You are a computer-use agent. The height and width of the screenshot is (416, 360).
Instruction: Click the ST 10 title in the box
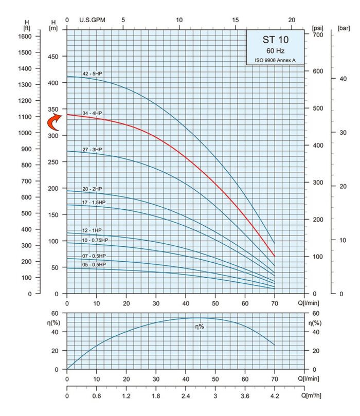[x=275, y=40]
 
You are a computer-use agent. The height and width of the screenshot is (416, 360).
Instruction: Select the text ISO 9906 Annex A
[x=275, y=61]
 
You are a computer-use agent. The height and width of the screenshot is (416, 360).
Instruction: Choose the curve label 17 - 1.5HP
[x=96, y=202]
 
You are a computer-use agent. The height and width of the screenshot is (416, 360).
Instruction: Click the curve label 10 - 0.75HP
[x=96, y=240]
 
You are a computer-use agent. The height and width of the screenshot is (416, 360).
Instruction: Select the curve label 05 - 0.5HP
[x=94, y=264]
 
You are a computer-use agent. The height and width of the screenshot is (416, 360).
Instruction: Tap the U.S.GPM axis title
[x=93, y=20]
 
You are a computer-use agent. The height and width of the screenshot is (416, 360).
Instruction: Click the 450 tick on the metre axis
[x=55, y=57]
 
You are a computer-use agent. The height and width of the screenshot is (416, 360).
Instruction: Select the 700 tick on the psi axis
[x=318, y=34]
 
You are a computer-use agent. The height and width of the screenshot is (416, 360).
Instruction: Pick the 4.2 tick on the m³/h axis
[x=275, y=396]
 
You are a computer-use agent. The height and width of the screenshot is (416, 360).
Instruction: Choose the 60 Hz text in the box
[x=275, y=51]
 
